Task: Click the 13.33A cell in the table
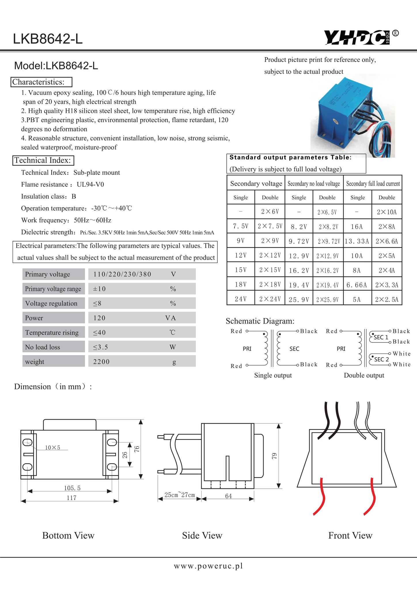pyautogui.click(x=357, y=241)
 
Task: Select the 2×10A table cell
pyautogui.click(x=387, y=212)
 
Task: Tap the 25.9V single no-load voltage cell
pyautogui.click(x=299, y=300)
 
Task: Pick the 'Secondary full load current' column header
pyautogui.click(x=373, y=184)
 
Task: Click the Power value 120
pyautogui.click(x=99, y=318)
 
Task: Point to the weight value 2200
pyautogui.click(x=101, y=362)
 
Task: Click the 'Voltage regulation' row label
pyautogui.click(x=51, y=303)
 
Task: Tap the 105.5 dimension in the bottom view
pyautogui.click(x=72, y=488)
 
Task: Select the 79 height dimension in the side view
pyautogui.click(x=274, y=456)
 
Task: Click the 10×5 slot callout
pyautogui.click(x=52, y=447)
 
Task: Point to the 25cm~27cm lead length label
pyautogui.click(x=180, y=495)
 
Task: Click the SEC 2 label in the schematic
pyautogui.click(x=381, y=359)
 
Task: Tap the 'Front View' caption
pyautogui.click(x=350, y=535)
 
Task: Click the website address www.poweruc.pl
pyautogui.click(x=208, y=566)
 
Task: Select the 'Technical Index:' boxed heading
pyautogui.click(x=43, y=160)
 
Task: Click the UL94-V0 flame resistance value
pyautogui.click(x=90, y=184)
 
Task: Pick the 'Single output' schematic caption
pyautogui.click(x=273, y=375)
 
